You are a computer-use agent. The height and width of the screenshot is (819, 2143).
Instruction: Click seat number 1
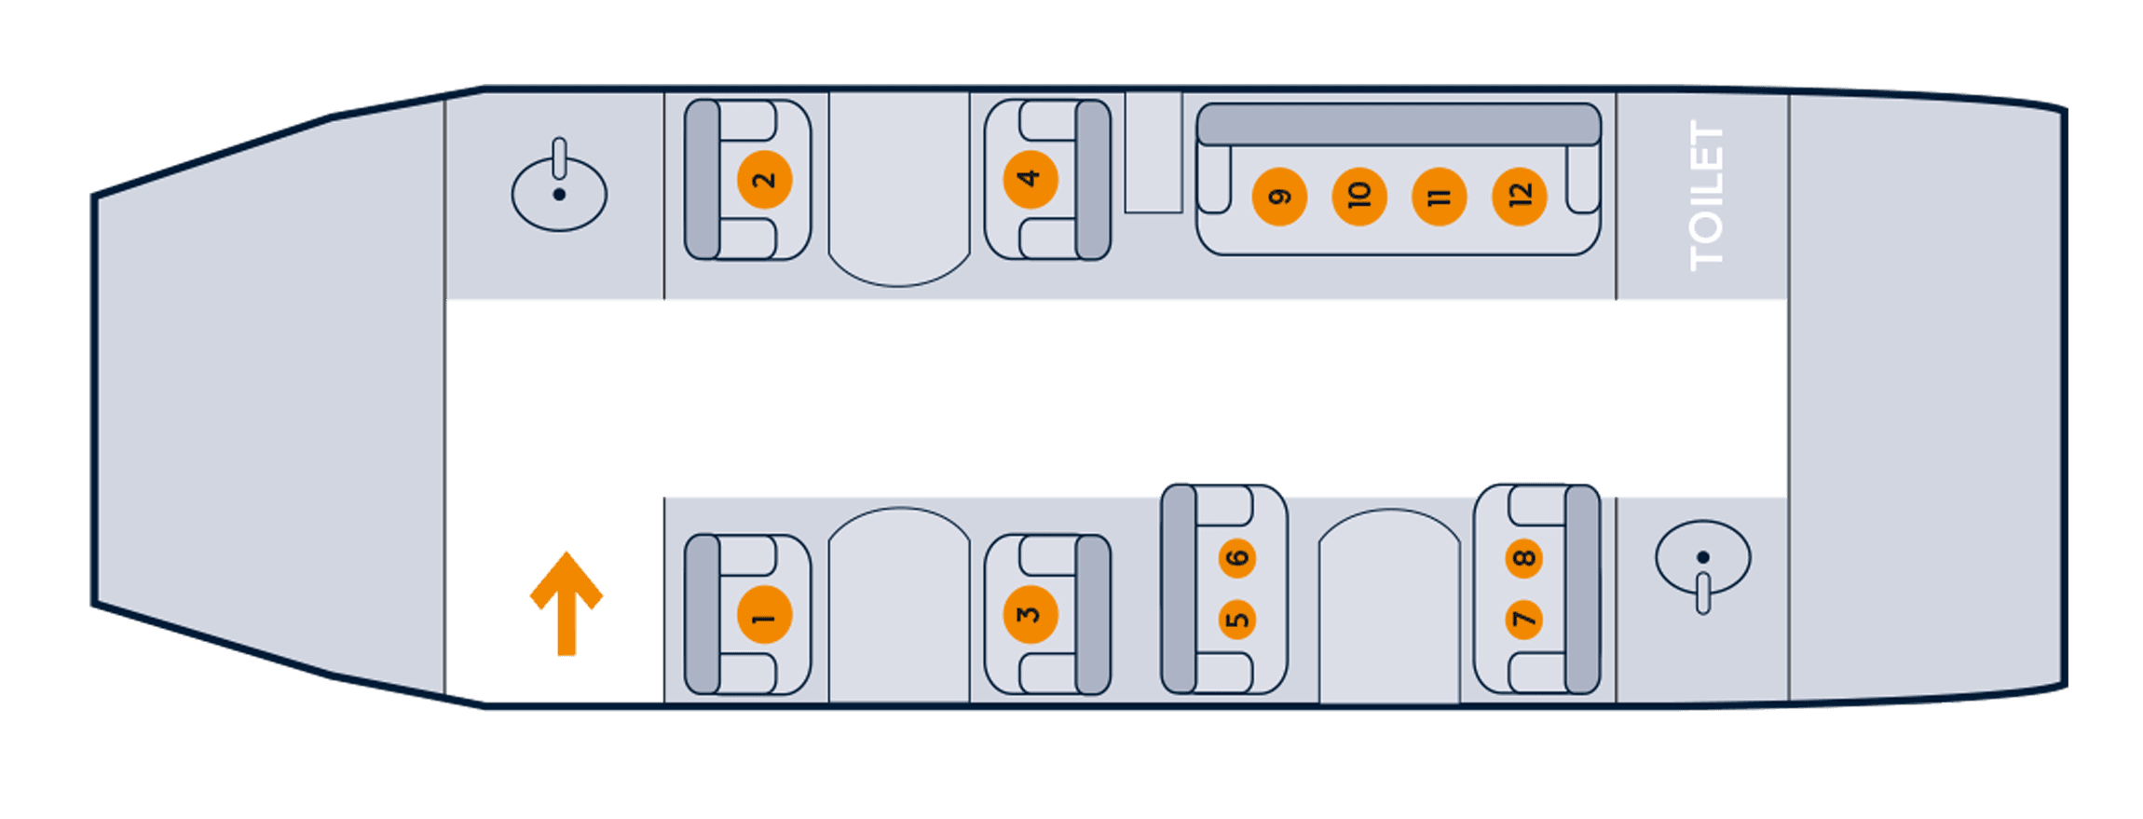[x=764, y=615]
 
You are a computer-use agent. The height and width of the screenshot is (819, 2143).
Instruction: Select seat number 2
[x=764, y=180]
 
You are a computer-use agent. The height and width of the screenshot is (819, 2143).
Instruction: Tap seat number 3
[x=1030, y=615]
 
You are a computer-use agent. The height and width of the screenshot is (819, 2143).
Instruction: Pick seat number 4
[x=1030, y=179]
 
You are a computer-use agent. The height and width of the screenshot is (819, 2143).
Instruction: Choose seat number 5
[x=1237, y=620]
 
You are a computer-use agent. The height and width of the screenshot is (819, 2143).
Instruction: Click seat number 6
[x=1237, y=558]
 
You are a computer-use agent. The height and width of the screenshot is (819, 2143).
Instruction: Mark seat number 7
[x=1524, y=620]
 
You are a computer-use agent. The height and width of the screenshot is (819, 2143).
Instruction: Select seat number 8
[x=1524, y=558]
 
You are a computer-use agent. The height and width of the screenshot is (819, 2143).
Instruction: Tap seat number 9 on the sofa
[x=1279, y=197]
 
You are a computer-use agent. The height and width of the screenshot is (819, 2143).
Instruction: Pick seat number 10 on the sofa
[x=1359, y=197]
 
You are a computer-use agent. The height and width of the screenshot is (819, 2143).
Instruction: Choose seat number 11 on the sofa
[x=1440, y=197]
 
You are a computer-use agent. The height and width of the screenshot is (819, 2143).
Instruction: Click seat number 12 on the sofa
[x=1520, y=197]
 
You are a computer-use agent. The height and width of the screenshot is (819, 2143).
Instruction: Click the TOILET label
[x=1706, y=196]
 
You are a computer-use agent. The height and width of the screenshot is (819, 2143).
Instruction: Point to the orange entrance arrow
[x=566, y=604]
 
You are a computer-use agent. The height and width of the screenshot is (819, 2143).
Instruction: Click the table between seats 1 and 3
[x=899, y=605]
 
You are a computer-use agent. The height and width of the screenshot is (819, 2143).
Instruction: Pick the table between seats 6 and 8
[x=1389, y=606]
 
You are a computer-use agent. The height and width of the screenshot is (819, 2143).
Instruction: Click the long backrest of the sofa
[x=1399, y=124]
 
